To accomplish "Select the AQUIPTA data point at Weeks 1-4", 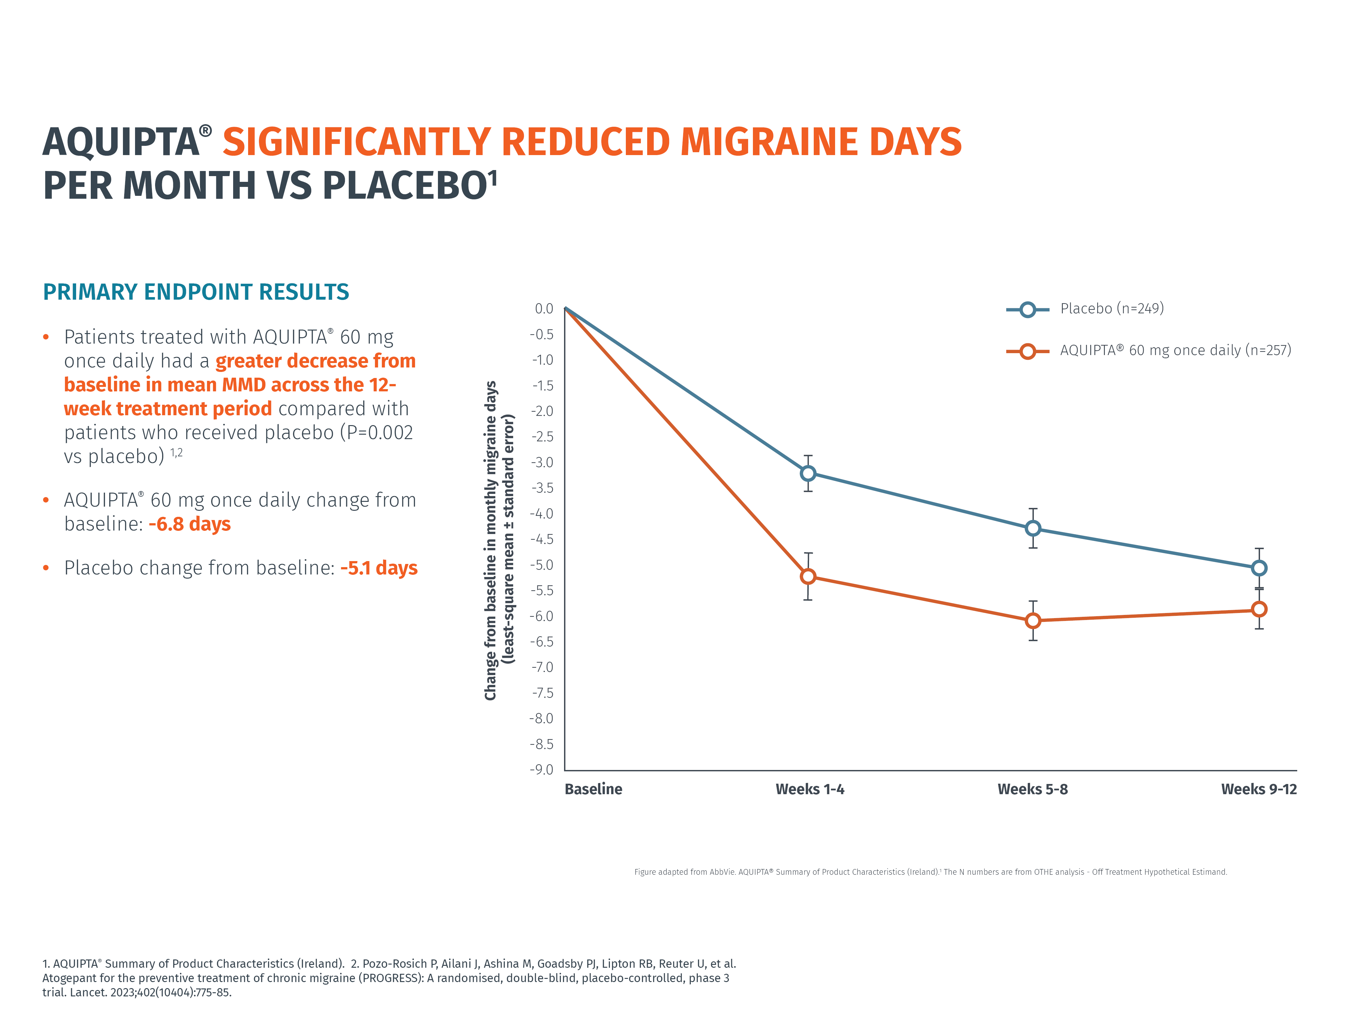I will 808,576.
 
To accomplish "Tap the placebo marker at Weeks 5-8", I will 1033,528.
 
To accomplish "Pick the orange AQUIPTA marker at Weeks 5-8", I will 1033,620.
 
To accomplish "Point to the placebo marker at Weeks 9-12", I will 1259,568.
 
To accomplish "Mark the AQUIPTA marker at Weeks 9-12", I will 1259,609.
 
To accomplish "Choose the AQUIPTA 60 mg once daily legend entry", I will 1175,350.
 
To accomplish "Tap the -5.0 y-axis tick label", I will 542,565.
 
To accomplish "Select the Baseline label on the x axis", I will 593,789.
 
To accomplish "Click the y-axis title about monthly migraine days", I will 499,540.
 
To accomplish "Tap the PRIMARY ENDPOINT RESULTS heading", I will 195,292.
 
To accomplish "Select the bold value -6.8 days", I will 190,524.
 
